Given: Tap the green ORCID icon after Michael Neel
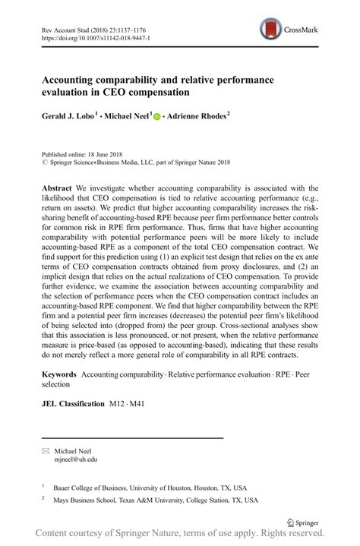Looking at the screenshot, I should [158, 118].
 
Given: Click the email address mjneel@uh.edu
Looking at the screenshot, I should [76, 459].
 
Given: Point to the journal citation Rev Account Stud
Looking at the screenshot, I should [61, 27].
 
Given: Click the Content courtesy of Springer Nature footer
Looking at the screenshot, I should [180, 535].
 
